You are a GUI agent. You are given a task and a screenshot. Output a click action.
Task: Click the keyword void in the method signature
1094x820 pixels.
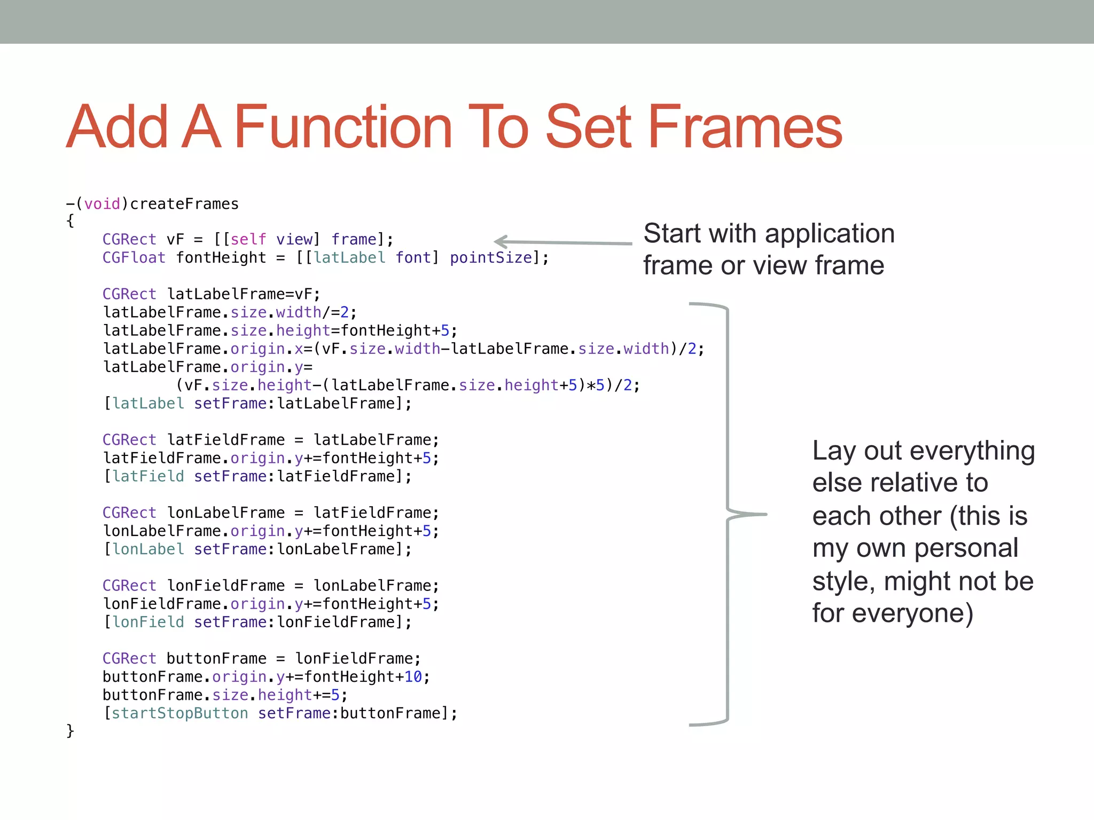pos(102,204)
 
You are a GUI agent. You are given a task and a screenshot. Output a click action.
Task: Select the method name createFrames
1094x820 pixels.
pos(184,204)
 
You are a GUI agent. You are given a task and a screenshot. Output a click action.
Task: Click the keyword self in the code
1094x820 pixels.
pos(248,239)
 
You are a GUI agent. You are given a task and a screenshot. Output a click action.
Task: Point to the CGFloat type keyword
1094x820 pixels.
pos(134,258)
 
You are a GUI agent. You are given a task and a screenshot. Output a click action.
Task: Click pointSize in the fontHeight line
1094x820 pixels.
pos(491,258)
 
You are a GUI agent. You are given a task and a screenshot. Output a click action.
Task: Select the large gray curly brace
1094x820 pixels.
pos(728,514)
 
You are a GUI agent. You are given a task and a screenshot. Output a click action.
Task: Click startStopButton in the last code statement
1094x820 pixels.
pos(179,713)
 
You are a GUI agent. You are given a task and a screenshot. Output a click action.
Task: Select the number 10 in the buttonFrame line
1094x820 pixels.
pos(413,677)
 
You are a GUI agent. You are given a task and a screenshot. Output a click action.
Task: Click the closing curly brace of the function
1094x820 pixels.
pos(70,730)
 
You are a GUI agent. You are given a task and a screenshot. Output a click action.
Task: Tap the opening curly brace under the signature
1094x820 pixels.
pos(70,221)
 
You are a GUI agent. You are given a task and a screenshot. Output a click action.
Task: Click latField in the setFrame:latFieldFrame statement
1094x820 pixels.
pos(148,476)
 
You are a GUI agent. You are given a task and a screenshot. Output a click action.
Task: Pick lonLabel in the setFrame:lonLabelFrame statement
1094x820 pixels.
pos(148,549)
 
